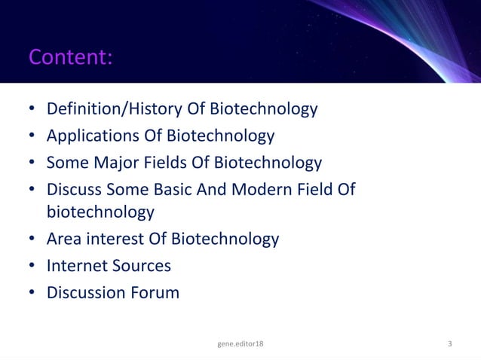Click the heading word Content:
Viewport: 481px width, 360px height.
click(x=70, y=56)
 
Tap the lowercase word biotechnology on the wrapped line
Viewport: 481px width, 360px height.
click(x=100, y=212)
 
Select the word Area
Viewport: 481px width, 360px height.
click(x=64, y=239)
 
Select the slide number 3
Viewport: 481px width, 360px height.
click(x=450, y=344)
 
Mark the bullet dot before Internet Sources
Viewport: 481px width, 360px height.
click(x=32, y=266)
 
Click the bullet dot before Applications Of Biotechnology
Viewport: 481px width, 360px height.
click(x=32, y=136)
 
